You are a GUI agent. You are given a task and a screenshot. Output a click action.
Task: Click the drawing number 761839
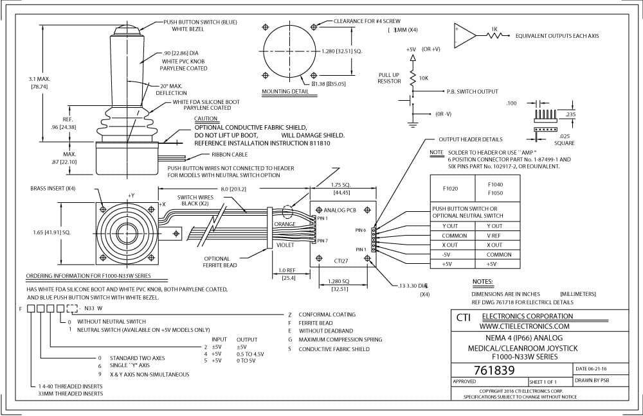click(x=494, y=370)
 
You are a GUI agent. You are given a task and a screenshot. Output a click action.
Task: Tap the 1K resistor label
click(x=494, y=29)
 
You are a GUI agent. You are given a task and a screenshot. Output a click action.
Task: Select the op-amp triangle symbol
click(x=465, y=35)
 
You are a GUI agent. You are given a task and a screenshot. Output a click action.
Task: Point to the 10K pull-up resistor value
click(x=424, y=78)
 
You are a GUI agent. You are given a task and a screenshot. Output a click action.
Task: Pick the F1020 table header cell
click(x=450, y=188)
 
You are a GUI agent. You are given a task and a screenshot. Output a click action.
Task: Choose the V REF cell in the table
click(x=494, y=236)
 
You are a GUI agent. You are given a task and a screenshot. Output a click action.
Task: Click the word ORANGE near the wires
click(x=285, y=224)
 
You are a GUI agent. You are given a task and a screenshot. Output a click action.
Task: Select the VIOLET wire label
click(x=285, y=245)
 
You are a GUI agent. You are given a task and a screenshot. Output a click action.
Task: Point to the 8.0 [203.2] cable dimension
click(x=233, y=189)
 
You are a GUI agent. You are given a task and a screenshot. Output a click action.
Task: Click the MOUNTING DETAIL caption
click(x=285, y=91)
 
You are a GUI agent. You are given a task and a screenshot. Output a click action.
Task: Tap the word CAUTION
click(x=206, y=118)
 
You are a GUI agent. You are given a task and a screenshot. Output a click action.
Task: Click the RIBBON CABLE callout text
click(x=230, y=154)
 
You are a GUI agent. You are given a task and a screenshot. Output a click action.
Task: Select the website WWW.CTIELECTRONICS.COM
click(x=525, y=326)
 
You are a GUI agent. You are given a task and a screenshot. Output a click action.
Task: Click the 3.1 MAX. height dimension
click(x=39, y=78)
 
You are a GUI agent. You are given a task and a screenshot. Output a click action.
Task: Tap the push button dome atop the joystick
click(x=127, y=30)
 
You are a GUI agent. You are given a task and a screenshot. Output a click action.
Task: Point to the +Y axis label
click(x=131, y=195)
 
